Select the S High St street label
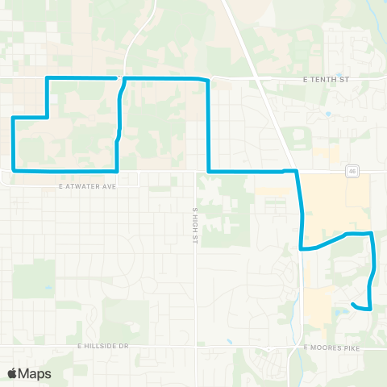coord(195,221)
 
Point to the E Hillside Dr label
coord(103,345)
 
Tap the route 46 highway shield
coord(353,170)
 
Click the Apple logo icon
coord(14,373)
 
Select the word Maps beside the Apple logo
coord(36,373)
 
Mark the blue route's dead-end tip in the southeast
coord(354,304)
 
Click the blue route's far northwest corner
coord(47,78)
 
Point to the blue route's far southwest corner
coord(14,171)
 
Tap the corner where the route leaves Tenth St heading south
coord(208,80)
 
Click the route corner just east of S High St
coord(209,171)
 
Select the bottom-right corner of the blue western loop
coord(119,171)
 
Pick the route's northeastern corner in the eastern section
coord(372,234)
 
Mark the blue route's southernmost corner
coord(369,308)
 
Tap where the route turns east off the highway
coord(302,248)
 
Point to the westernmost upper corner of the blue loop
coord(14,118)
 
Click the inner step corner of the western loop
coord(47,118)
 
